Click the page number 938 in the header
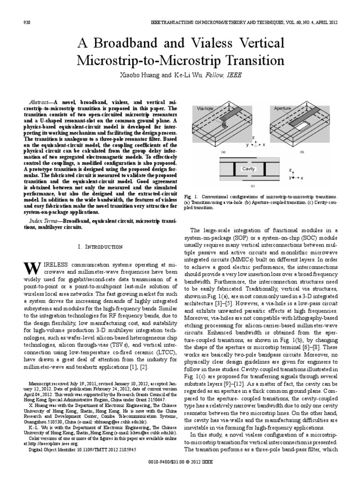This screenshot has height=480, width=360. point(26,22)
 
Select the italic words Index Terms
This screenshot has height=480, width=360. point(43,220)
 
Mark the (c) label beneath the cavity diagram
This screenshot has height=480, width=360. point(252,186)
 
